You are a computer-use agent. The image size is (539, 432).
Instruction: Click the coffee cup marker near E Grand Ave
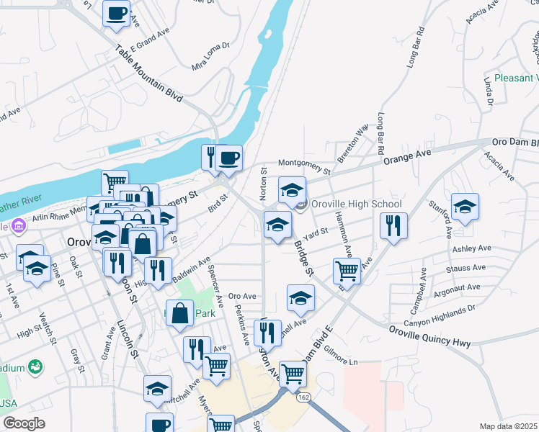pyautogui.click(x=117, y=13)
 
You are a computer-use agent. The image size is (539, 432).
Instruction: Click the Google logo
pyautogui.click(x=24, y=423)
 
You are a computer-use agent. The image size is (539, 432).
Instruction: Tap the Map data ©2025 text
pyautogui.click(x=508, y=426)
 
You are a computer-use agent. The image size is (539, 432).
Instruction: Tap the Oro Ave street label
pyautogui.click(x=242, y=296)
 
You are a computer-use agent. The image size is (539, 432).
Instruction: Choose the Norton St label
pyautogui.click(x=264, y=184)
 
